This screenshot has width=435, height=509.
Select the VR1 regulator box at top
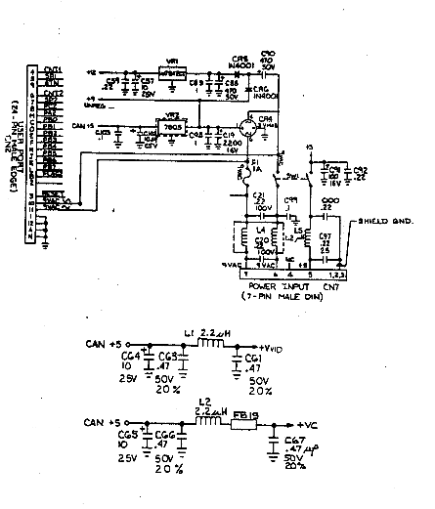pyautogui.click(x=171, y=73)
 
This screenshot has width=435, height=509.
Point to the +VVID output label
pyautogui.click(x=275, y=347)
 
